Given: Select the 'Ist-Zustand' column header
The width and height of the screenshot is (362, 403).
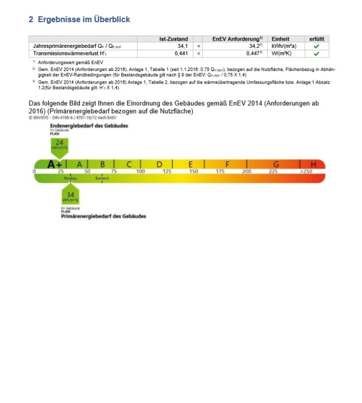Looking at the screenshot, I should pos(174,39).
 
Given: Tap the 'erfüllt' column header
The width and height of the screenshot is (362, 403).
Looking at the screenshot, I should pos(316,39).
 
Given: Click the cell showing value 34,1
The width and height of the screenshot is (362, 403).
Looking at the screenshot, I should pos(182,46).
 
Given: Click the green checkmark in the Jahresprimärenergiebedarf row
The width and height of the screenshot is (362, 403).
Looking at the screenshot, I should pos(316,46).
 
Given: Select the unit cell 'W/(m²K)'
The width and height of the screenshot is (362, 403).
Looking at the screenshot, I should pos(283,53).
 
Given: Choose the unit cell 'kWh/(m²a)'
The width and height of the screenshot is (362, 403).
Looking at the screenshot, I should pos(283,46).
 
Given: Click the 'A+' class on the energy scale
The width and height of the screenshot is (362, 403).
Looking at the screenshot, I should pos(55,164).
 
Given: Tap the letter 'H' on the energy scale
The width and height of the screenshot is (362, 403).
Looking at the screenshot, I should pos(314,164).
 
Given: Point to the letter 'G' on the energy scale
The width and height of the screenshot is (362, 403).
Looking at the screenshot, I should pos(275,164).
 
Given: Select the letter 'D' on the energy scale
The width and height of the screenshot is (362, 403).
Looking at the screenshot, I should pos(159,164).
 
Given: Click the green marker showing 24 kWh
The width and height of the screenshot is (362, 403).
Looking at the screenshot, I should pos(59,146).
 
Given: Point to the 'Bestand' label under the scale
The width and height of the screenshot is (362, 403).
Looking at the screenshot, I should pos(102,178).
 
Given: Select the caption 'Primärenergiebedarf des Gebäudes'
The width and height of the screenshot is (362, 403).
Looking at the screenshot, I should pos(103,216).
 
